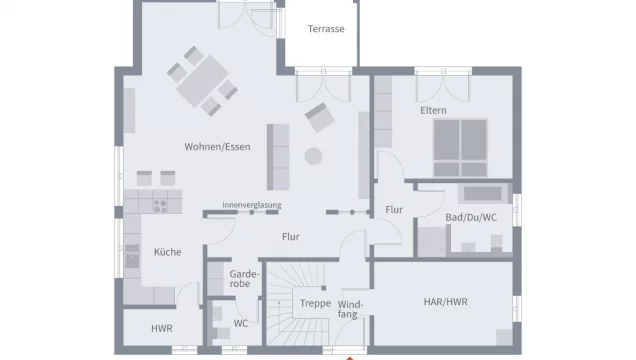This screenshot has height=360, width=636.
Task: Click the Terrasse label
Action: pos(326,29)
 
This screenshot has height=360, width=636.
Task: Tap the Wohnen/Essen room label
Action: pos(217,147)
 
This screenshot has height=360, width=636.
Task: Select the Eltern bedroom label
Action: pos(433,109)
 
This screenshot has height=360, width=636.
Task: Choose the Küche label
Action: pos(167,252)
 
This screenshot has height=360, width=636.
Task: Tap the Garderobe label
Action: pos(245,278)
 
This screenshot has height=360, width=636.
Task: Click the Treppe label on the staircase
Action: pos(315,302)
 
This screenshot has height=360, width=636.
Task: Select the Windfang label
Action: pos(350,308)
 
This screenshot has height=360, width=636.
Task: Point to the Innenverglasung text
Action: pos(252,204)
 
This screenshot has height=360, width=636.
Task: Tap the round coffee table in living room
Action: pos(314,156)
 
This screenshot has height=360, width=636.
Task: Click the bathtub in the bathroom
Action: pos(486,194)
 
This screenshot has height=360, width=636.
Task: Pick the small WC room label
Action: pos(241,323)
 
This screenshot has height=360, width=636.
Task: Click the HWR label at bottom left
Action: pos(161,328)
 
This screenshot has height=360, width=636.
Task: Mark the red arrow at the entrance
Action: pos(349,356)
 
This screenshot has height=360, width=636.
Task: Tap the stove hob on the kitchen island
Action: pos(159,204)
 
